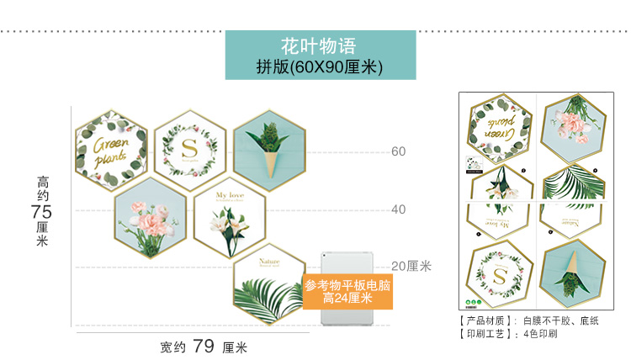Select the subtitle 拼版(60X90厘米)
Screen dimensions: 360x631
point(320,66)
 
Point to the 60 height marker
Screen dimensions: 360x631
point(398,151)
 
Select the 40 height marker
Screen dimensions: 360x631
point(398,209)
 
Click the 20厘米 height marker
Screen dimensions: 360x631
point(411,266)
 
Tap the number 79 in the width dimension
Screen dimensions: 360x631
point(204,346)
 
